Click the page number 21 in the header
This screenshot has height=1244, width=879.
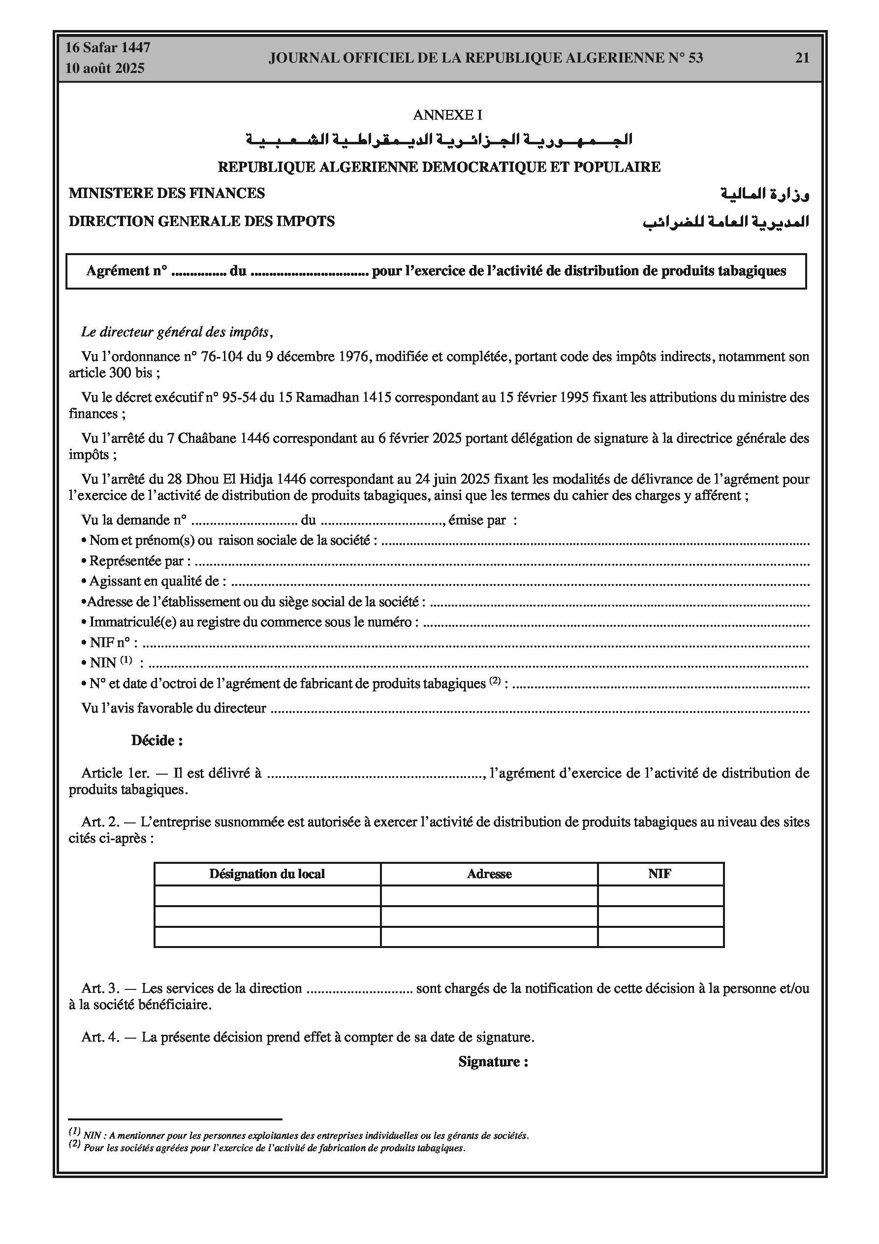[x=802, y=58]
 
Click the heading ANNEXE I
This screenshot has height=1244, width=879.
[x=447, y=115]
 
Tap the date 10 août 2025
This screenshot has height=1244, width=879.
[x=105, y=68]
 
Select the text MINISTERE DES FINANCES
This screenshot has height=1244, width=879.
[x=167, y=193]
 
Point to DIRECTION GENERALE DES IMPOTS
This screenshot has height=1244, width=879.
[x=201, y=221]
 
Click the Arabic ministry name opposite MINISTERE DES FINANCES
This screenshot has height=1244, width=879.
[x=765, y=194]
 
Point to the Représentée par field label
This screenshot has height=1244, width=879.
[x=139, y=561]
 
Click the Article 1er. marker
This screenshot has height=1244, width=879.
[x=115, y=773]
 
